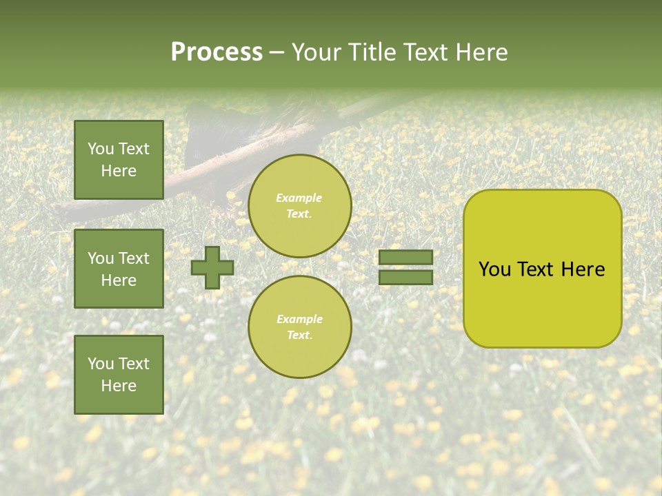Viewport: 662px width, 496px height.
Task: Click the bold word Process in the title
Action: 217,52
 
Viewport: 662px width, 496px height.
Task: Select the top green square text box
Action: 119,160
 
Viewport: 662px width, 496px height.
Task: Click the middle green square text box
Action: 119,269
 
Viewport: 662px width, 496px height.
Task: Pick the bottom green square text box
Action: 119,374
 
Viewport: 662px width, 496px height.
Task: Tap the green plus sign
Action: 212,267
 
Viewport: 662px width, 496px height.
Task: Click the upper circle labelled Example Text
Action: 299,205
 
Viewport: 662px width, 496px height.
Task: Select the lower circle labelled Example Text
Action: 299,327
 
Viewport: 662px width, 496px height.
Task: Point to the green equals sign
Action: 405,267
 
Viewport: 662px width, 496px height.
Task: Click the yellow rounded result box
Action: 542,269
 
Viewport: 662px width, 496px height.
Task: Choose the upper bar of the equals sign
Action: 405,258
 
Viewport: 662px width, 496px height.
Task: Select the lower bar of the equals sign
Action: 405,277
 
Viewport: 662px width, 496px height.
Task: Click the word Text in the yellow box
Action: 536,269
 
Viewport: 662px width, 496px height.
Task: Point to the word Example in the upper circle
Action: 299,198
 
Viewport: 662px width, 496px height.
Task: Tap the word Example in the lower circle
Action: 299,319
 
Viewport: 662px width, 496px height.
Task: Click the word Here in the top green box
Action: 119,171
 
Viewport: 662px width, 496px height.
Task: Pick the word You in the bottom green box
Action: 101,364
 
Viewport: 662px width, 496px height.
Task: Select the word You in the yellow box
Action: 494,269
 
